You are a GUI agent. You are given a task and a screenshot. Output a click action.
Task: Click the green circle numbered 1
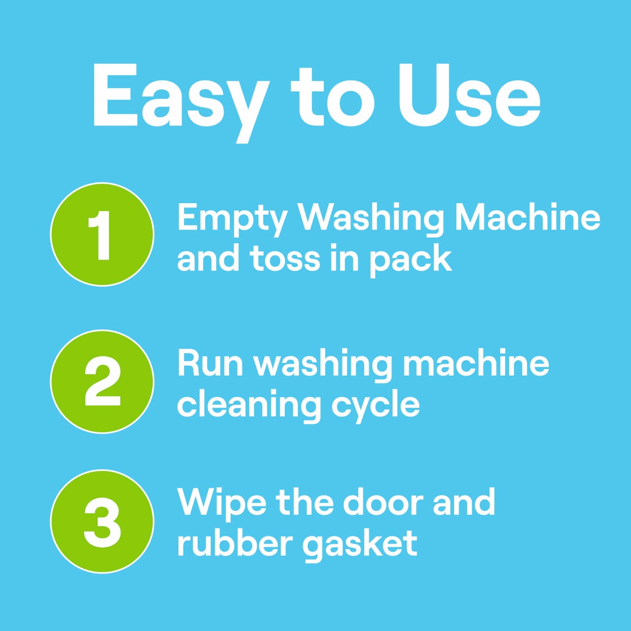pos(102,234)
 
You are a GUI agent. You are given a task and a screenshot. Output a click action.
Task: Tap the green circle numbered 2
pos(102,381)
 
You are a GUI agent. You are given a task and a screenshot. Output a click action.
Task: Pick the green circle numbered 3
pos(102,521)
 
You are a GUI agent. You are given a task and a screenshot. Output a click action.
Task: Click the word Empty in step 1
pos(232,218)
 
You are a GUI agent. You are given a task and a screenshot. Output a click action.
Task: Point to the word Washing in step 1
pos(370,218)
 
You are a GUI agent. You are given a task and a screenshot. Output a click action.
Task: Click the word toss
pos(286,259)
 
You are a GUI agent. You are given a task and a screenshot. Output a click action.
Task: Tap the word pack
pos(410,260)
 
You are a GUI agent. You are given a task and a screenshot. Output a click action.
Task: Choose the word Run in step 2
pos(210,363)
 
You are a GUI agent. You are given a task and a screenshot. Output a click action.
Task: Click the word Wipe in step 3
pos(221,503)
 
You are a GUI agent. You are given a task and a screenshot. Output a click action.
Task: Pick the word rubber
pos(235,543)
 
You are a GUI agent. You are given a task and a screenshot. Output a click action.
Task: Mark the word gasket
pos(360,545)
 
